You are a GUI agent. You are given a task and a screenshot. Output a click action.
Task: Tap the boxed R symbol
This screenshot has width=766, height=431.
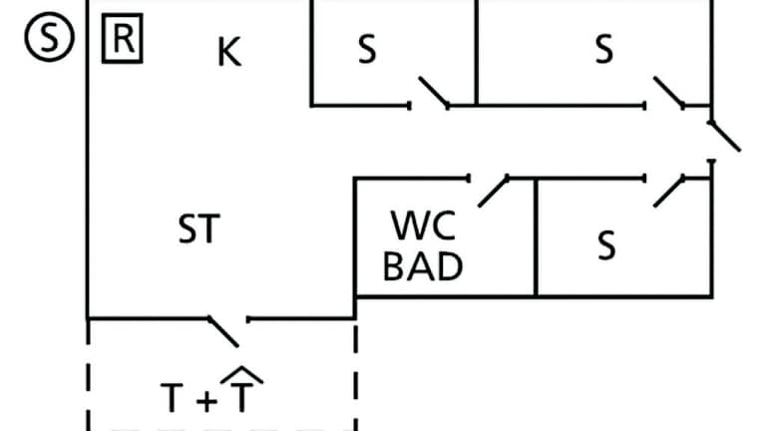coord(123,41)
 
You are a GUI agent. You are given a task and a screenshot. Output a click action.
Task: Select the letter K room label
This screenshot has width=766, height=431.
coord(228,53)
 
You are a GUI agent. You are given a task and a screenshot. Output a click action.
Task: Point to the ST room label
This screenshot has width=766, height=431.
coord(197,231)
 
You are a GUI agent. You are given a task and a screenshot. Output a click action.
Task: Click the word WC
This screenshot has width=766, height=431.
coord(423,226)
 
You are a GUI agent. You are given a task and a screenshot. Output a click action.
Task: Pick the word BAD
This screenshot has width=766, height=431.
coord(423,267)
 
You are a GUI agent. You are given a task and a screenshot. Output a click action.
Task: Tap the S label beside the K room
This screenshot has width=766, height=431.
coord(367,51)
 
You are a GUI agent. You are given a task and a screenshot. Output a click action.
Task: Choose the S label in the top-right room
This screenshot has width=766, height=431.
coord(603,51)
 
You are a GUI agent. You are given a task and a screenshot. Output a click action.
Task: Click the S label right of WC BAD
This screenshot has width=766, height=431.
coord(605,245)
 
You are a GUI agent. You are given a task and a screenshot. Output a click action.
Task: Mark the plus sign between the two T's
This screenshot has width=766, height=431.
coord(205,401)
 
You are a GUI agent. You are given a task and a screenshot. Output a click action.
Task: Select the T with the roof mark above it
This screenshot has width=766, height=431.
coord(241,396)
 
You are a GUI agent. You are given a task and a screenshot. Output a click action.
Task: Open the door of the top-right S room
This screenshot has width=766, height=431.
coord(667,93)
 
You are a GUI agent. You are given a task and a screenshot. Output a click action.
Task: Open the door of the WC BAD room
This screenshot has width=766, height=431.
coord(493,191)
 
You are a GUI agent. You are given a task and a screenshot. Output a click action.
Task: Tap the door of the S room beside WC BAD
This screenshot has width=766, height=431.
coord(668,190)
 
